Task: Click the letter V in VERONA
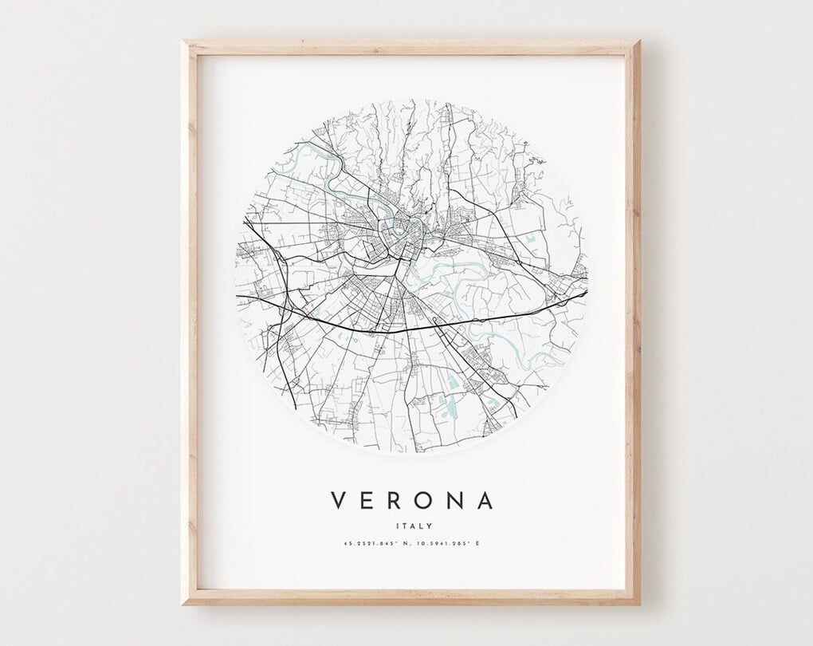pos(338,501)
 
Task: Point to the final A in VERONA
pos(484,501)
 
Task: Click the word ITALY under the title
pos(411,526)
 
